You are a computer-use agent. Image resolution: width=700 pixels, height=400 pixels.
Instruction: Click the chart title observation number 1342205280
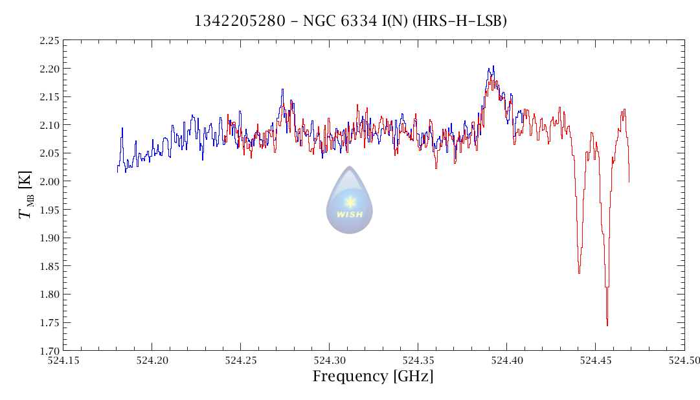[x=240, y=21]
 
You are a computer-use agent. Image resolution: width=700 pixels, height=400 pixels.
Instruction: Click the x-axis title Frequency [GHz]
[x=373, y=376]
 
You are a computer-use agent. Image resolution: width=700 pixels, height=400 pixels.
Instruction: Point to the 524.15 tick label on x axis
[x=62, y=360]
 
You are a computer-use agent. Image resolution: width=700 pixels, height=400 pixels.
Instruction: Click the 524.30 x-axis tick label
[x=329, y=360]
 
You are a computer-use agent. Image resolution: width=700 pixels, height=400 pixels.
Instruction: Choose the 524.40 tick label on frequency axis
[x=506, y=360]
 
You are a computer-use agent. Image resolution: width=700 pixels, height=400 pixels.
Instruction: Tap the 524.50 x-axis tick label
[x=684, y=360]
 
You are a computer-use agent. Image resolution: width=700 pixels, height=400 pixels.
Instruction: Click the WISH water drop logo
[x=350, y=200]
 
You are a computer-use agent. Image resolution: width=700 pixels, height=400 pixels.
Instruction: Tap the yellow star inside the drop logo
[x=350, y=201]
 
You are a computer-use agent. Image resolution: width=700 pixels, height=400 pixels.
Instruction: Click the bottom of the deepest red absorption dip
[x=607, y=325]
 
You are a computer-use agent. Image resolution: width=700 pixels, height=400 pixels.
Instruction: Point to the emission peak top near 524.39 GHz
[x=493, y=66]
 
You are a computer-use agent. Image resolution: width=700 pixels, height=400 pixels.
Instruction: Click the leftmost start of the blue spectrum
[x=117, y=171]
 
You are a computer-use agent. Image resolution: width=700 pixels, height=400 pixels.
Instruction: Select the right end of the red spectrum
[x=629, y=181]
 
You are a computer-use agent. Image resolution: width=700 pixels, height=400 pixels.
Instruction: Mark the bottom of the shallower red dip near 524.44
[x=579, y=273]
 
